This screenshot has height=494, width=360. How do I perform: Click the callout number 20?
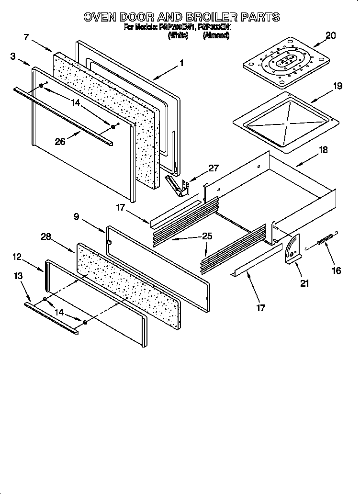[x=331, y=35]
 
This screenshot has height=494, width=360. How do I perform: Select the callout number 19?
[x=337, y=86]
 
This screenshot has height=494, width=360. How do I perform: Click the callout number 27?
[x=213, y=168]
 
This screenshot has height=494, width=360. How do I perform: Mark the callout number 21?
[x=304, y=283]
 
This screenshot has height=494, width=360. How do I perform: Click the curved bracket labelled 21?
[x=292, y=250]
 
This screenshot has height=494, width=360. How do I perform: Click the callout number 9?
[x=77, y=216]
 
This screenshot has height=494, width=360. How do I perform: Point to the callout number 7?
[x=27, y=36]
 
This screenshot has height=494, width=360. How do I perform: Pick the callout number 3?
[x=12, y=56]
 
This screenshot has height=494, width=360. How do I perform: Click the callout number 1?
[x=181, y=62]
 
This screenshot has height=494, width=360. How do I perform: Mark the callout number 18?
[x=323, y=150]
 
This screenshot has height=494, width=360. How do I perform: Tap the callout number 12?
[x=17, y=257]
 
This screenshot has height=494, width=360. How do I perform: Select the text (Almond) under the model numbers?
[x=215, y=35]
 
